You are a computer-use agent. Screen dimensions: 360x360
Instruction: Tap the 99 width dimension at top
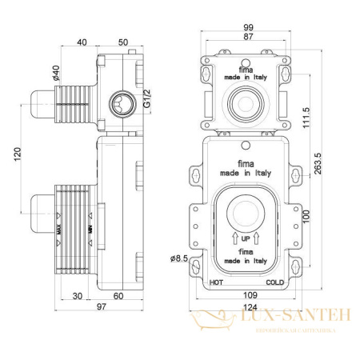click(249, 29)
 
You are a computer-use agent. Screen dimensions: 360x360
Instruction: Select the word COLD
click(277, 282)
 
